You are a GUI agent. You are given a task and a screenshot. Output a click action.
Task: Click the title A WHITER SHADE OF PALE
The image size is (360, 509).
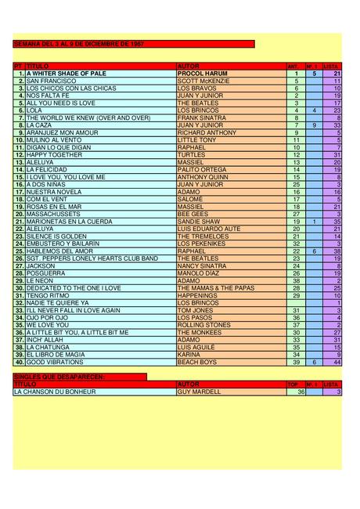pos(66,74)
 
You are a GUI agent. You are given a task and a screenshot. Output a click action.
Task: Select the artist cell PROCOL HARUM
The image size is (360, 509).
pos(201,74)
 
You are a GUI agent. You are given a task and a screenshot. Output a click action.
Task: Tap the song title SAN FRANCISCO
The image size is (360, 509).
pos(51,81)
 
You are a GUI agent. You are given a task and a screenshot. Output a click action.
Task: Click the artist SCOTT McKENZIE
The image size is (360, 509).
pos(203,81)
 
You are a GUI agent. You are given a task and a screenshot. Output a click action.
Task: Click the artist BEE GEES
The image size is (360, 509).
pos(193,213)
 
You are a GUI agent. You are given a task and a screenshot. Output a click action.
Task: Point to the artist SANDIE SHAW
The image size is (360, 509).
pos(199,221)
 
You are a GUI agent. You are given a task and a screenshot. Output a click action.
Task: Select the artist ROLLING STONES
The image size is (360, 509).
pos(203,324)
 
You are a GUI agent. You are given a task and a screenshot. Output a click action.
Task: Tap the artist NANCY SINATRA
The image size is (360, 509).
pos(203,265)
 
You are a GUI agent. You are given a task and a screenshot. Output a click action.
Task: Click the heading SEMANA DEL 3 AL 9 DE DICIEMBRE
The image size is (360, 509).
pos(78,44)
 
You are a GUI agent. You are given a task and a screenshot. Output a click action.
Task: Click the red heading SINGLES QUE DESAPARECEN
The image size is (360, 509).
pos(59,377)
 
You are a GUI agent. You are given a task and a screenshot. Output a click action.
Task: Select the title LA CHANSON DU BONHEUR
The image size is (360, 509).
pos(55,392)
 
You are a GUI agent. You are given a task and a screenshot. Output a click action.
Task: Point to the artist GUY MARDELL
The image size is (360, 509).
pos(199,392)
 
